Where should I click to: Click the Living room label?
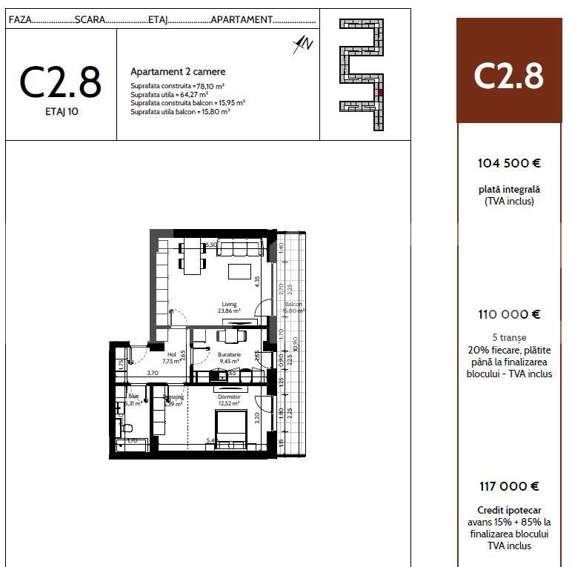click(x=229, y=304)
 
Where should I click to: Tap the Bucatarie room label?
click(x=229, y=355)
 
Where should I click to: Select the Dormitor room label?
click(x=229, y=397)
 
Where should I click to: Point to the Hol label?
click(x=172, y=355)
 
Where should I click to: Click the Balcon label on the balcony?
click(x=293, y=305)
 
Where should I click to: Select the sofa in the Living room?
click(x=239, y=248)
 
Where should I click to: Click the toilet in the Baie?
click(x=127, y=428)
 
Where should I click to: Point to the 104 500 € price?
click(x=509, y=163)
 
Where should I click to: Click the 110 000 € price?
click(x=509, y=314)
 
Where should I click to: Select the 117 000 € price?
click(x=509, y=486)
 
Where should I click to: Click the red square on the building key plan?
click(x=380, y=93)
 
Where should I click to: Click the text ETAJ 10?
click(x=60, y=113)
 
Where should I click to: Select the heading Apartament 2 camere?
click(x=178, y=72)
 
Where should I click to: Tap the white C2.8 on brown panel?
click(x=509, y=76)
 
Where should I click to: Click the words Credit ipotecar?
click(x=509, y=510)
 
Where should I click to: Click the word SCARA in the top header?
click(x=90, y=19)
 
